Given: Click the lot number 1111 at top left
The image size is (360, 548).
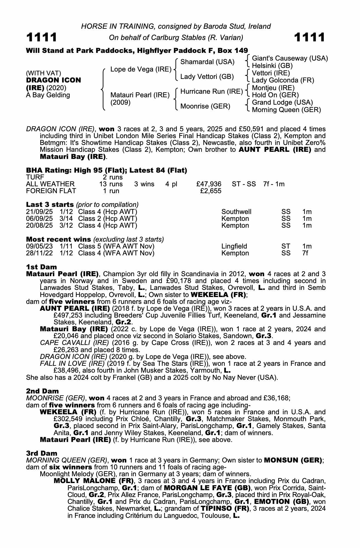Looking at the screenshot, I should tap(42, 38).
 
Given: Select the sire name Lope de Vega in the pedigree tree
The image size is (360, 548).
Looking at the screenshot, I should tap(141, 69).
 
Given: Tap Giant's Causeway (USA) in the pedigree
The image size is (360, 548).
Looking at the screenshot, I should tap(290, 58).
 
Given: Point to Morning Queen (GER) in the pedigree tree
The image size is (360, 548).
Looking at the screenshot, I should tap(286, 110).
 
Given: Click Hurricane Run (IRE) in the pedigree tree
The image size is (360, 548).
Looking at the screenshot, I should tap(212, 92).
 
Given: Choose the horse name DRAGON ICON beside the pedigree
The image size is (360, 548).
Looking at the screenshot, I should tap(53, 80).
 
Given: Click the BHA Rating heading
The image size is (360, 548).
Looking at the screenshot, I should tap(106, 170).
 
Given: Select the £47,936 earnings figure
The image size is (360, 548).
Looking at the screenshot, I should tap(209, 184).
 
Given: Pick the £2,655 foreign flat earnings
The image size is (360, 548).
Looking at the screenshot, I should tap(211, 191).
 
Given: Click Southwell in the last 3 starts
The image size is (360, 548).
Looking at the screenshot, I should tap(236, 212).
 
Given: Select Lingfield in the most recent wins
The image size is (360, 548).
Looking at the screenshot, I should tap(234, 246).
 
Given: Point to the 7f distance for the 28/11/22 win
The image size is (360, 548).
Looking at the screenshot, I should tap(305, 253).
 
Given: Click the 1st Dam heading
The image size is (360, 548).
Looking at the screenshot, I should tap(41, 267).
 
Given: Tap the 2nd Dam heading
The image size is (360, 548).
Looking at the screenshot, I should tap(42, 391).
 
